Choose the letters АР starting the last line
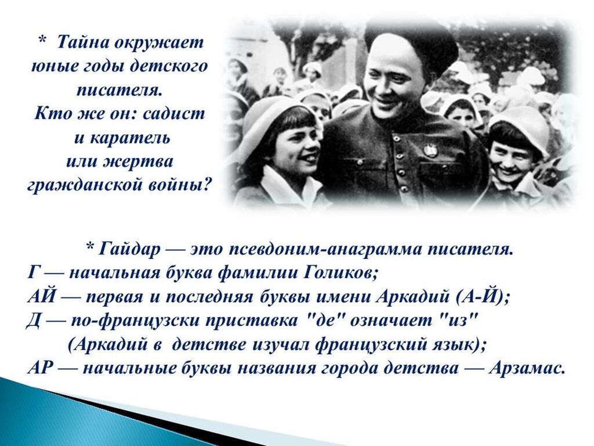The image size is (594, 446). [x=39, y=368]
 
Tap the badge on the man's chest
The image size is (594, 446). [x=429, y=150]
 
